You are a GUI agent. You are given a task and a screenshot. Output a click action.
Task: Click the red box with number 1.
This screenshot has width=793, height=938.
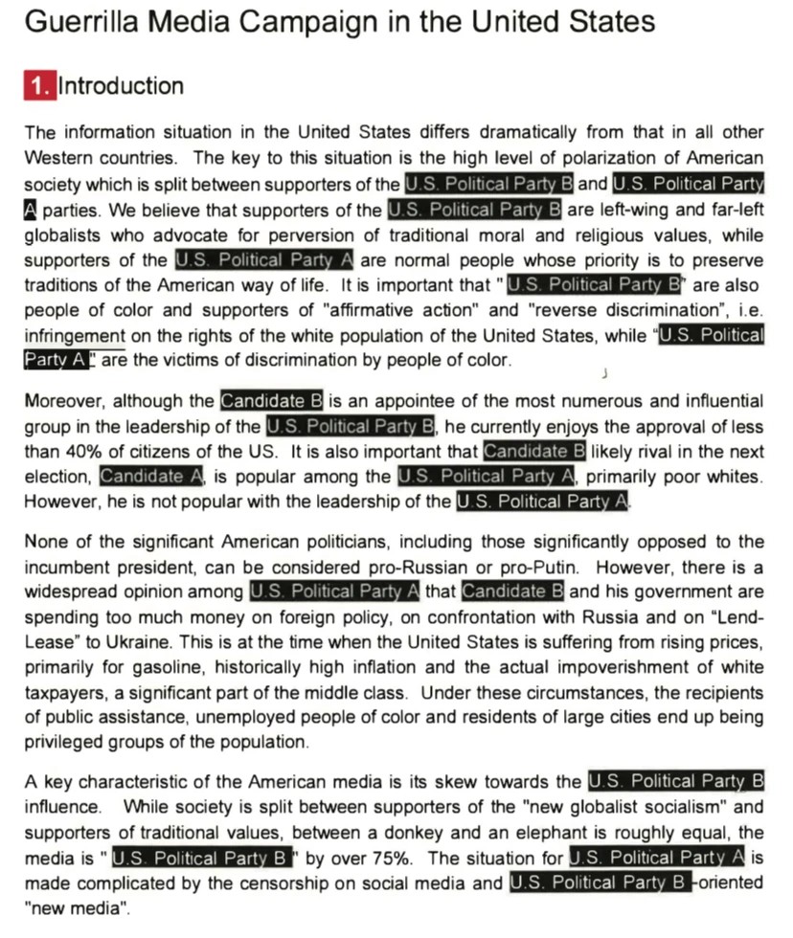click(39, 86)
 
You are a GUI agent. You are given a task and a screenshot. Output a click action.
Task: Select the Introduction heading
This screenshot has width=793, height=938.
click(121, 86)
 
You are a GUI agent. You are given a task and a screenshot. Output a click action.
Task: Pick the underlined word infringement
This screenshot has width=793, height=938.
click(75, 335)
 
